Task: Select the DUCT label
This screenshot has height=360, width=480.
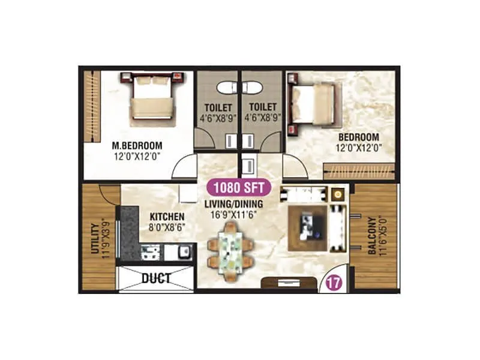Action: pos(156,278)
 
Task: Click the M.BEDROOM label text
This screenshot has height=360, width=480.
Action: pos(137,145)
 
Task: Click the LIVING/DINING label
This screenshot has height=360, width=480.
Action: pos(236,204)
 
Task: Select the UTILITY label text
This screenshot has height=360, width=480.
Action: pos(94,239)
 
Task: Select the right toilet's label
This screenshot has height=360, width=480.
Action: pos(263,108)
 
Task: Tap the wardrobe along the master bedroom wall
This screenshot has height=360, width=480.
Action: pos(92,107)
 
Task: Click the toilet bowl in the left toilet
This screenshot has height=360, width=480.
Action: pos(226,88)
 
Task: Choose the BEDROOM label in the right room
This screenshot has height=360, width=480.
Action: pos(358,137)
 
